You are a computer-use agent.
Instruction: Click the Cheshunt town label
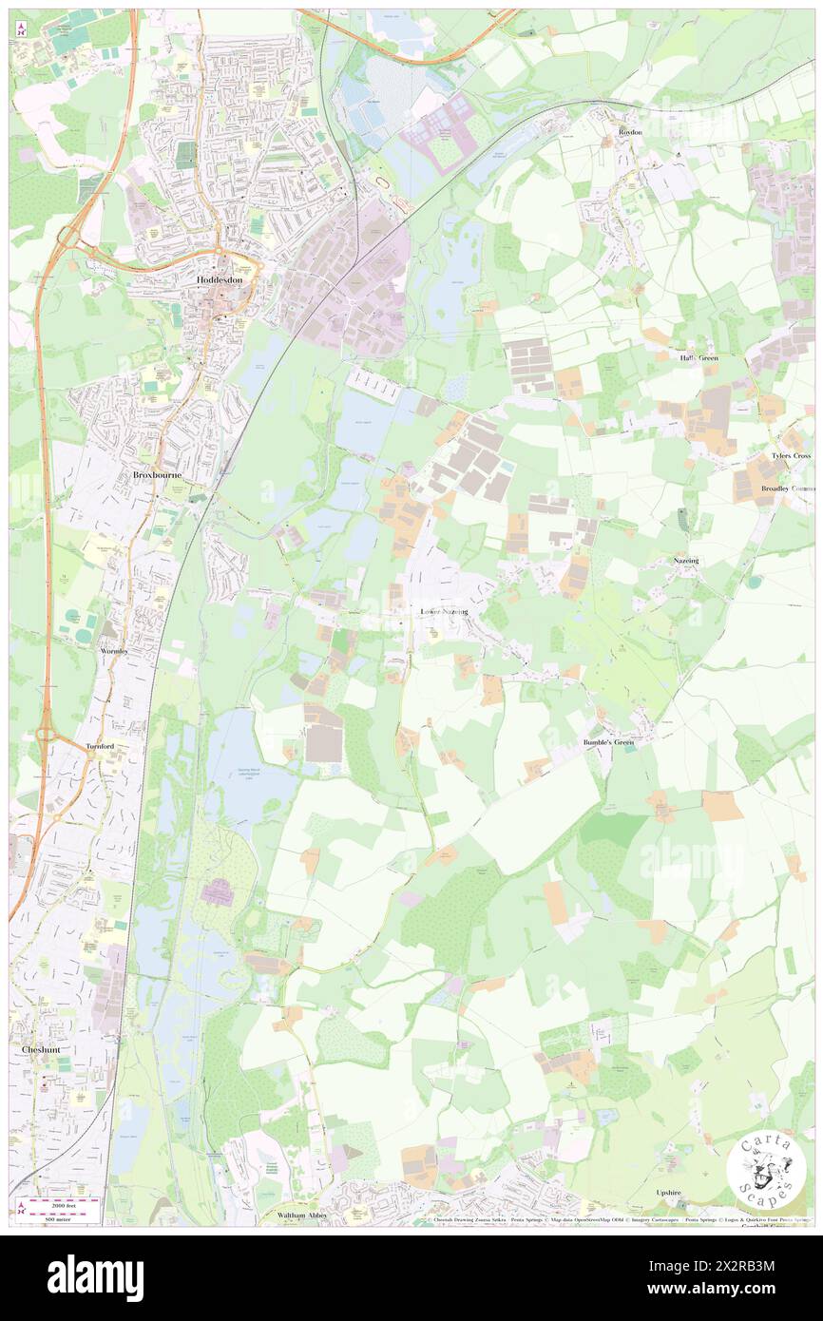click(x=42, y=1049)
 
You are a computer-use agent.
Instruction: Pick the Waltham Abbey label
click(x=302, y=1215)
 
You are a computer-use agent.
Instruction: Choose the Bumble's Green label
click(x=608, y=742)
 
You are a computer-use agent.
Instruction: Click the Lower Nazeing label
click(x=445, y=611)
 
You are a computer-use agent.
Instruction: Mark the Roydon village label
click(x=630, y=132)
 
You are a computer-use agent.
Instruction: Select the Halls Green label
click(x=699, y=358)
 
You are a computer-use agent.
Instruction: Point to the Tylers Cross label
click(x=792, y=456)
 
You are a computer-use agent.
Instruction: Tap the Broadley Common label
click(x=788, y=488)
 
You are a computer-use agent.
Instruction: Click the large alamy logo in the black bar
click(x=95, y=1277)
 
